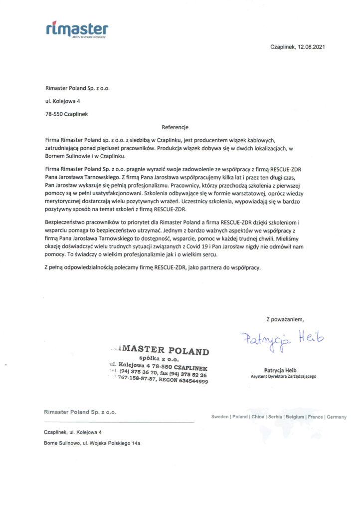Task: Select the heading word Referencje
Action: pyautogui.click(x=176, y=127)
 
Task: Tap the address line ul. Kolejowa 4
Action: pyautogui.click(x=63, y=101)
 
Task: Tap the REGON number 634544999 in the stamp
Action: pyautogui.click(x=190, y=381)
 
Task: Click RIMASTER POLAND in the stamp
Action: pyautogui.click(x=160, y=350)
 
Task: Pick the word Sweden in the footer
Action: pyautogui.click(x=220, y=417)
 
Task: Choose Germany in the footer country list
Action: pyautogui.click(x=336, y=417)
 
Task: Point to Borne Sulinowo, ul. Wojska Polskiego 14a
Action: pyautogui.click(x=92, y=443)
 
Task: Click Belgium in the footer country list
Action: pyautogui.click(x=295, y=417)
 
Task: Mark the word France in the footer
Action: pyautogui.click(x=315, y=417)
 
